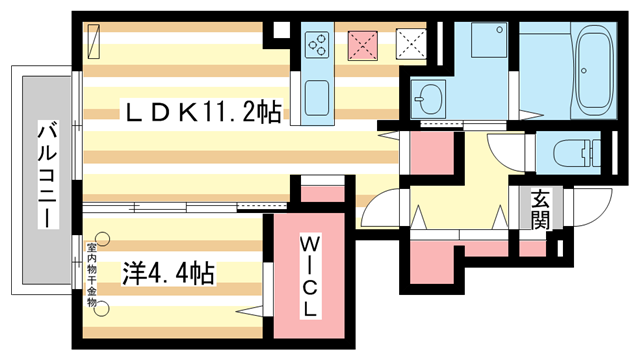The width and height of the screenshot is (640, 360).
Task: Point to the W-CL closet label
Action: click(310, 275)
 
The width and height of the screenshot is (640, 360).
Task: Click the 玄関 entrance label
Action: click(540, 210)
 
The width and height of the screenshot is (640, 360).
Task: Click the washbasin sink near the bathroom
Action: click(431, 98)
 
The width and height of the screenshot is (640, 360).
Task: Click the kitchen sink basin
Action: click(320, 99)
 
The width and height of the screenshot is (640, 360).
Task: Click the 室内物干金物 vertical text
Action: click(90, 273)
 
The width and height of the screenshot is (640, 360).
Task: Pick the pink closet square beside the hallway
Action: click(432, 155)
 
